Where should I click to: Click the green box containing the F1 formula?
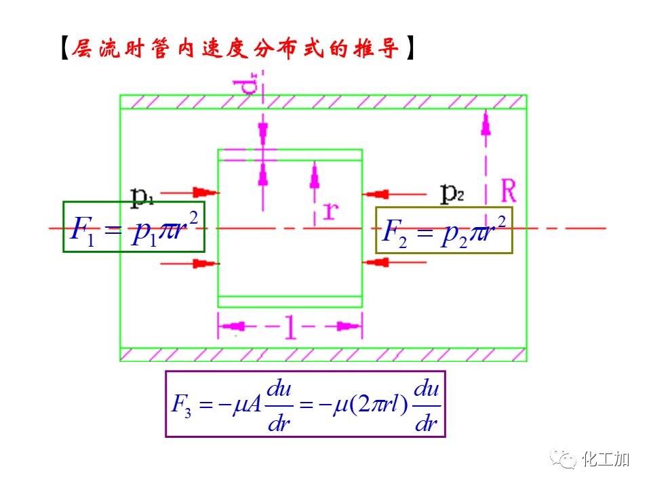tap(134, 227)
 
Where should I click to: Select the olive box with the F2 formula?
tap(444, 230)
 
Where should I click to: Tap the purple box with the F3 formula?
tap(305, 404)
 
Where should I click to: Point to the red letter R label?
tap(508, 192)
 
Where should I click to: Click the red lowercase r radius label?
tap(331, 211)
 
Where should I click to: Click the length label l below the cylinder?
tap(290, 328)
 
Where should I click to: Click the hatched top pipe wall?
tap(323, 102)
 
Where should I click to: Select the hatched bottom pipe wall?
tap(323, 354)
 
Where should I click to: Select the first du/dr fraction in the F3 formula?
tap(279, 405)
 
